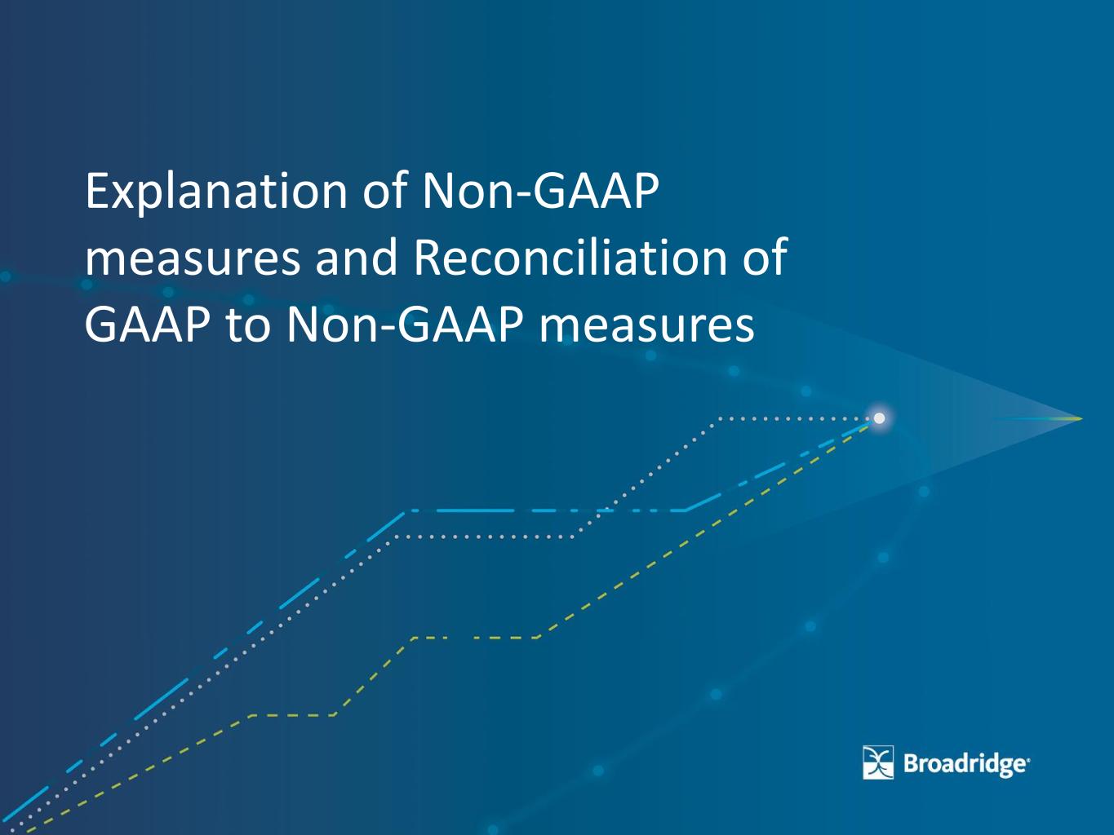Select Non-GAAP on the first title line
(541, 191)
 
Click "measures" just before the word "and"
(193, 261)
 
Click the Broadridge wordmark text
(966, 764)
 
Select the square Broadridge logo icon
(878, 762)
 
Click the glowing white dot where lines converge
(880, 418)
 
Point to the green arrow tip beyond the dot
(1081, 419)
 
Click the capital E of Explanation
(96, 191)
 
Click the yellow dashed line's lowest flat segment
(293, 715)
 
